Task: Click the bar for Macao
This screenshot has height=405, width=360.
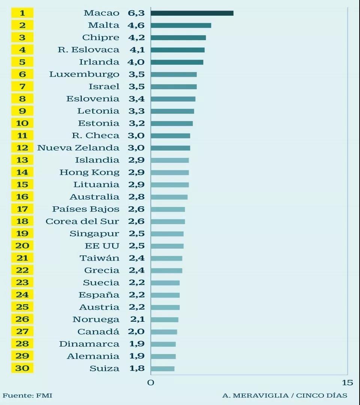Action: (192, 13)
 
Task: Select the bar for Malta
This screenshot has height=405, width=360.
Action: (181, 25)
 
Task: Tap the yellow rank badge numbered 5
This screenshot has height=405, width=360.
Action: (22, 62)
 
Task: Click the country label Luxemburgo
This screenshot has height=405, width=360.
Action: (84, 74)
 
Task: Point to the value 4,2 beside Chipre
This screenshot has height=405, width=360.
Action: (137, 37)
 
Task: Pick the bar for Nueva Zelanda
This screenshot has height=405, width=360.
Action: (170, 148)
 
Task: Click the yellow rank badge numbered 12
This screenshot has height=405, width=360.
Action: (22, 148)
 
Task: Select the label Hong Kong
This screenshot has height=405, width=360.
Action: (89, 172)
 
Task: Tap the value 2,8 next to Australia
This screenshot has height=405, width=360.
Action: (137, 197)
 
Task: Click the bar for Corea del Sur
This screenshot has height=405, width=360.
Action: (168, 221)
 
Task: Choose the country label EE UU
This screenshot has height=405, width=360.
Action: (102, 246)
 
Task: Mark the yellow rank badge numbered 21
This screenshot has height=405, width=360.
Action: (22, 258)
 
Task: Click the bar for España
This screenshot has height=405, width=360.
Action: (165, 295)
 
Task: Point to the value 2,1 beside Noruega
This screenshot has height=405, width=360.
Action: (137, 319)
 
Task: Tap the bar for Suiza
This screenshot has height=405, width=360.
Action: (162, 369)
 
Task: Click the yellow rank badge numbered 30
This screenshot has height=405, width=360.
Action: (22, 368)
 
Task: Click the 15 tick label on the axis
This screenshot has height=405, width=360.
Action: (348, 382)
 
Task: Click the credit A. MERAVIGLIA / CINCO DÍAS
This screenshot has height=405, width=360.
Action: (285, 395)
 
